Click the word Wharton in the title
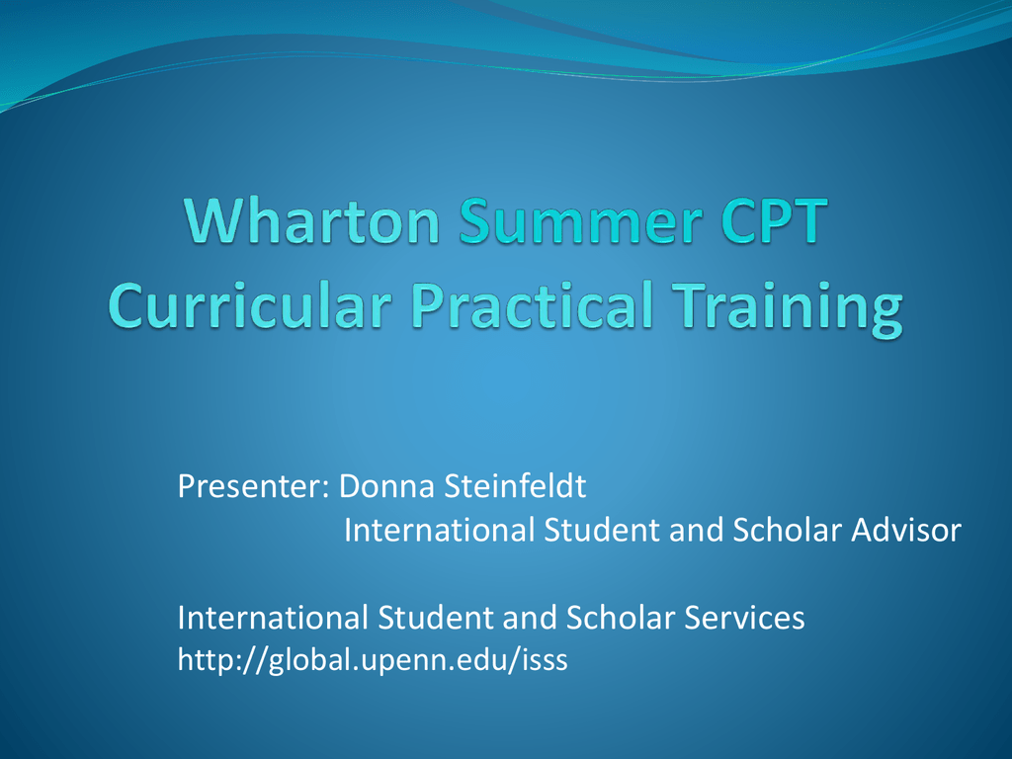point(312,220)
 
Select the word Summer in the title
point(581,220)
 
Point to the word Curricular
point(250,304)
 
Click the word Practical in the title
point(533,304)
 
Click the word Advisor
point(906,530)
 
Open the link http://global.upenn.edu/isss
point(373,660)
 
